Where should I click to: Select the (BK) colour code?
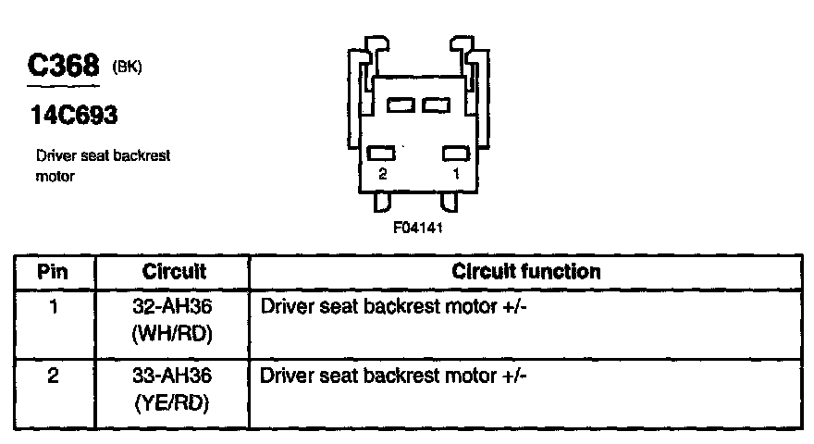click(127, 68)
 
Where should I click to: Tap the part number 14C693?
click(74, 117)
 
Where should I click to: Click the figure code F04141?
click(418, 227)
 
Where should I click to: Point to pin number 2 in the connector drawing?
click(382, 174)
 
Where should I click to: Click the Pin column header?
click(54, 272)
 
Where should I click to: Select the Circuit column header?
click(174, 272)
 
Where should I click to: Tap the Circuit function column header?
click(525, 272)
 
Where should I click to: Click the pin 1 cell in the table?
click(54, 305)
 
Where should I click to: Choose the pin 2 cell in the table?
click(54, 376)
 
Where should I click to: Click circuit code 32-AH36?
click(174, 305)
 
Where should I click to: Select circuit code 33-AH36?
click(174, 376)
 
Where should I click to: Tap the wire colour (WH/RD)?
click(174, 333)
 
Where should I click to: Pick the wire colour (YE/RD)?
click(174, 404)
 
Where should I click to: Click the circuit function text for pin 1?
click(395, 305)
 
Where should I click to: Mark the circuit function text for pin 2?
click(395, 376)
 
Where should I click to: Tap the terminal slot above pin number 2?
click(382, 153)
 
